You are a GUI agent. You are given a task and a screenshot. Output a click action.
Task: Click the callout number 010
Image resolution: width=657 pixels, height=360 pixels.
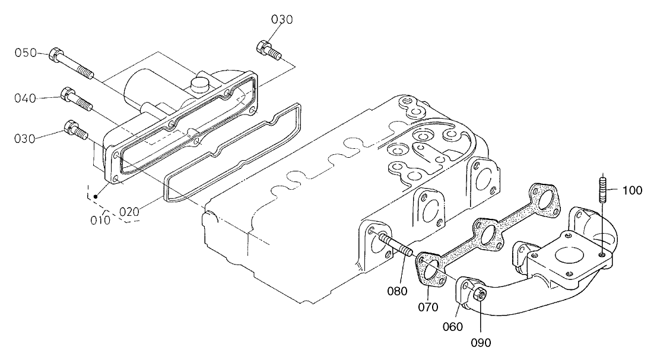point(100,220)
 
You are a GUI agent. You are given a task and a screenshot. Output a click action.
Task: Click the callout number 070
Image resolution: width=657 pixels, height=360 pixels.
point(428,307)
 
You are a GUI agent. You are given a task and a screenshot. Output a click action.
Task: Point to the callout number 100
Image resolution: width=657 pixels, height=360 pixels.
point(632,191)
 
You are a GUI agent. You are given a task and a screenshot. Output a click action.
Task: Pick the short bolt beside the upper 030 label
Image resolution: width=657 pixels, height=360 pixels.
point(268,49)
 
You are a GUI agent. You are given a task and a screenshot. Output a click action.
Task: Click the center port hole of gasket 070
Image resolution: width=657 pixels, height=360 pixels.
point(488,235)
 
